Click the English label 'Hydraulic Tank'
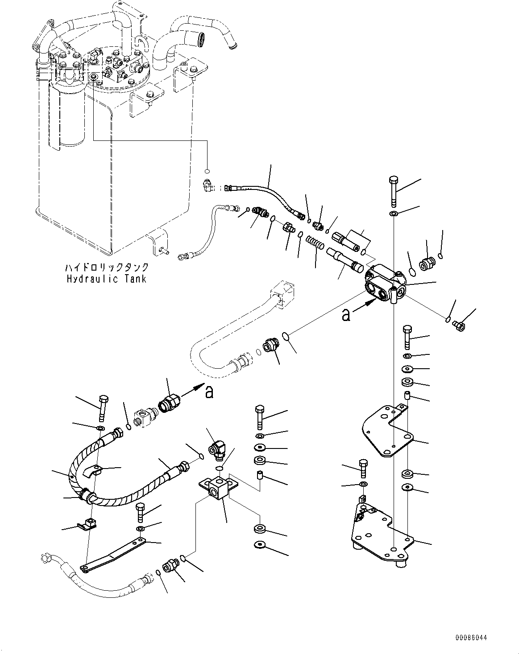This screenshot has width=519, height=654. click(106, 279)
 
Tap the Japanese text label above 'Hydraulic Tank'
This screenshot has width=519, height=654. click(106, 267)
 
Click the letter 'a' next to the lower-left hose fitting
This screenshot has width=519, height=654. click(209, 392)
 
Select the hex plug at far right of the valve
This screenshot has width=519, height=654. click(458, 325)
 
